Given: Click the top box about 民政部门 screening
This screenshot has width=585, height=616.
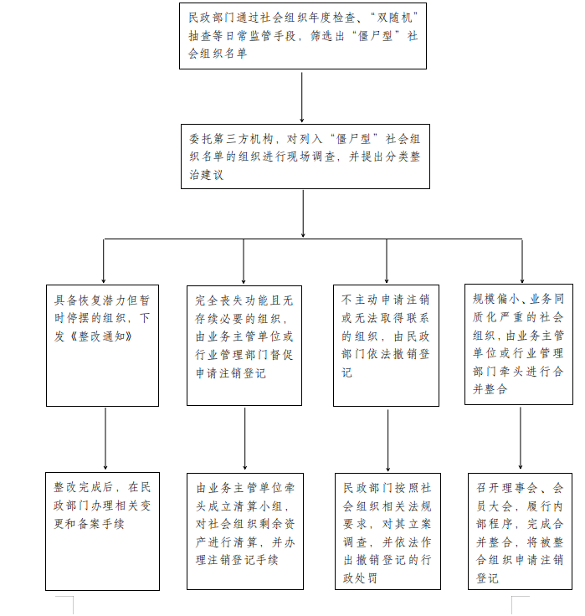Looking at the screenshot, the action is [x=302, y=36].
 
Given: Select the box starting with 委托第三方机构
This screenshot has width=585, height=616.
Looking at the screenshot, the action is [x=305, y=157].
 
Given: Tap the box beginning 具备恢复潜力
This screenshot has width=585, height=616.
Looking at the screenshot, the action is [x=103, y=346].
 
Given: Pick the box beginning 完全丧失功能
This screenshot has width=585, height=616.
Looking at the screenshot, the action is [x=244, y=346].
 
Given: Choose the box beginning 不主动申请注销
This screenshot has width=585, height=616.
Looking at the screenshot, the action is [x=386, y=346].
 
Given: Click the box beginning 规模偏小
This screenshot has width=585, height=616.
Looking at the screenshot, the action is [x=519, y=344].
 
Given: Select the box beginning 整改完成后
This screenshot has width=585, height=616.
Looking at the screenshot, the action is [x=103, y=531].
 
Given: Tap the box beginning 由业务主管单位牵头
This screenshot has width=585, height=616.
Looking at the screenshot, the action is [x=245, y=531].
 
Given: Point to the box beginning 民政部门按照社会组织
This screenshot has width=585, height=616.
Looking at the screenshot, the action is [x=387, y=531].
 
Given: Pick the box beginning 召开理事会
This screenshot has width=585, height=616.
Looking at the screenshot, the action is [x=521, y=531].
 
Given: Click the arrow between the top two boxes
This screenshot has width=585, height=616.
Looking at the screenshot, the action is [x=302, y=97].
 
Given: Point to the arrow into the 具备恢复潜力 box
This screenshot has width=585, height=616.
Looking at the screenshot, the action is [x=103, y=261].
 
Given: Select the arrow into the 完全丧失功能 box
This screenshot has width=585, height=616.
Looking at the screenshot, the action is [x=244, y=262].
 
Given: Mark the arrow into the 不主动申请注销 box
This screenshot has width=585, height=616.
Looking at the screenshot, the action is [x=387, y=261].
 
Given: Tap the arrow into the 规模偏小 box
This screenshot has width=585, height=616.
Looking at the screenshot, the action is [x=522, y=261].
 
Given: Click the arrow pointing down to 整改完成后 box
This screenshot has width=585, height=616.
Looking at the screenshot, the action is [x=105, y=439].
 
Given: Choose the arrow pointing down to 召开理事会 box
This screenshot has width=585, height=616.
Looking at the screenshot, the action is [x=521, y=438].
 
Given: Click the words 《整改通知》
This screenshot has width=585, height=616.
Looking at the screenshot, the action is [x=100, y=336].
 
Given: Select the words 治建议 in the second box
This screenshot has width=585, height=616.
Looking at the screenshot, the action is [x=206, y=175].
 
